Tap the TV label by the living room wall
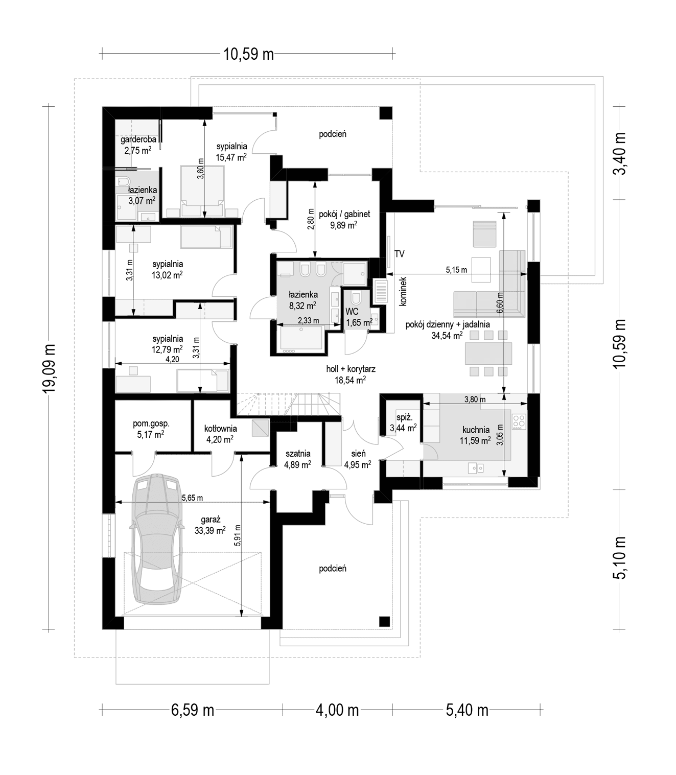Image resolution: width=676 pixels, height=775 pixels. point(399,254)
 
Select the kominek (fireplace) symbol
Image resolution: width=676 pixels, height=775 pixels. point(380,291)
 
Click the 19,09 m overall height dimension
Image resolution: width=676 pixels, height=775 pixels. point(49,369)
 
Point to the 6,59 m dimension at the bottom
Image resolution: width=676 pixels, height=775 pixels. point(193,710)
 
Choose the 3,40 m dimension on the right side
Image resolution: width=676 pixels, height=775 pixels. point(620,153)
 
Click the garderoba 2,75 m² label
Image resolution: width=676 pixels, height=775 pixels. point(138,145)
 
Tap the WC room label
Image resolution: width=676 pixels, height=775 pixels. point(352,312)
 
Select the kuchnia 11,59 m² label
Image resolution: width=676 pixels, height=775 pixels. point(476,435)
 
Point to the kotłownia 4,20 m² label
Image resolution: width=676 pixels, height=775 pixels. point(220,434)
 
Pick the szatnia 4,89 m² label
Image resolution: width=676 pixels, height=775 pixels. point(298,459)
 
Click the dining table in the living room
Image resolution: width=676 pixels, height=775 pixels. point(488,354)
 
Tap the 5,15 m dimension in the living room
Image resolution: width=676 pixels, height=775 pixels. point(456,270)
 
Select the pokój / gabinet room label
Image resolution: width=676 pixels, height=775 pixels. point(344,214)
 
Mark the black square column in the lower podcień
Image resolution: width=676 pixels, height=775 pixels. point(384,621)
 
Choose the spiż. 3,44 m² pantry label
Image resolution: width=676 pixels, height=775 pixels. point(403,422)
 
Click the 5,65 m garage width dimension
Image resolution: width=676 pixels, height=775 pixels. point(193,498)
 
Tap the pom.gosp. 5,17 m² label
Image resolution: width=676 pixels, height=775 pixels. point(151,429)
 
